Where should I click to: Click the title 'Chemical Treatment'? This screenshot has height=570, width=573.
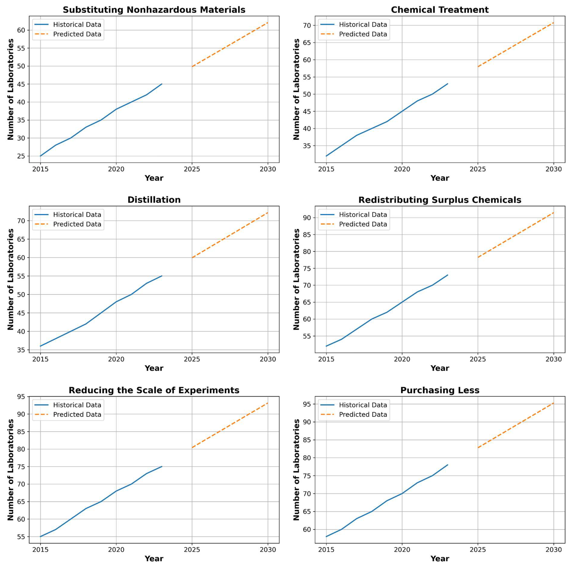pyautogui.click(x=439, y=10)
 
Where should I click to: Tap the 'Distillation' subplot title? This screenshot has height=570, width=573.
pyautogui.click(x=154, y=200)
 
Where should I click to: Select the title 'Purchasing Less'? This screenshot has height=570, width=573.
pyautogui.click(x=439, y=390)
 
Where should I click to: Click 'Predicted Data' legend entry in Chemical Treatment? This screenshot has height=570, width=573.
pyautogui.click(x=363, y=34)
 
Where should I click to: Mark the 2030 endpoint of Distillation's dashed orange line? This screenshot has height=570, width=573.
pyautogui.click(x=268, y=212)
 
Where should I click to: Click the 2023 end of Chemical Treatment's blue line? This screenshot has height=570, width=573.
pyautogui.click(x=448, y=84)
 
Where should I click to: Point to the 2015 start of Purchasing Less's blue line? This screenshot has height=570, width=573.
pyautogui.click(x=326, y=536)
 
